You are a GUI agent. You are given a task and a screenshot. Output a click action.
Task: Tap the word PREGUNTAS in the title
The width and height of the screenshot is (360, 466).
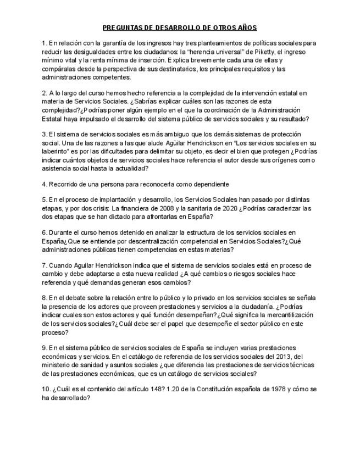point(122,27)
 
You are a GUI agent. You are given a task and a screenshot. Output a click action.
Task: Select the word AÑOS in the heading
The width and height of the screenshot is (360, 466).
point(246,27)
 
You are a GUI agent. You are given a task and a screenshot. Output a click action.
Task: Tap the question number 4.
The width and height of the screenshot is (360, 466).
point(44,184)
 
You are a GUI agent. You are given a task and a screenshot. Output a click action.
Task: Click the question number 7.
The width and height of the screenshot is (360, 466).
point(44,265)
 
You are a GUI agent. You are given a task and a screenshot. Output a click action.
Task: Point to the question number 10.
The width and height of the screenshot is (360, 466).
point(46,389)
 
